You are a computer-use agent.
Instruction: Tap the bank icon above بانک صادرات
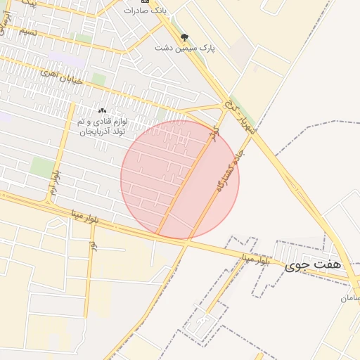click(x=145, y=1)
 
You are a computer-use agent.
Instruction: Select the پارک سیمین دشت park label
click(x=184, y=47)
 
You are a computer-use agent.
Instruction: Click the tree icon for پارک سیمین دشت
click(x=184, y=37)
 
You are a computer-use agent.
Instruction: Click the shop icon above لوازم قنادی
click(x=103, y=111)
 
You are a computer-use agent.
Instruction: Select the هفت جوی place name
click(x=314, y=265)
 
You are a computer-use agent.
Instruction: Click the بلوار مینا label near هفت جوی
click(x=254, y=259)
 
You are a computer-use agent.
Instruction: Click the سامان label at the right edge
click(x=351, y=297)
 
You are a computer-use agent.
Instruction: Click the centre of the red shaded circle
click(x=180, y=179)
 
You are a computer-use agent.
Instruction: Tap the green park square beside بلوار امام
click(x=42, y=167)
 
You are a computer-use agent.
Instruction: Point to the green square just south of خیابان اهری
click(x=99, y=79)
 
